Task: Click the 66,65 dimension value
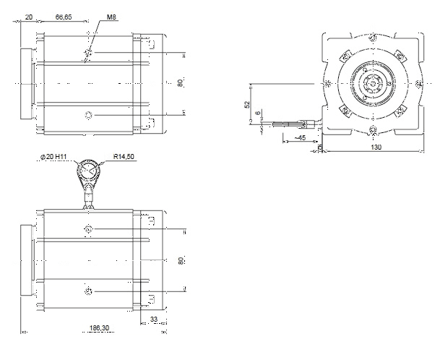click(x=64, y=17)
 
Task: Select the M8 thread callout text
click(x=111, y=17)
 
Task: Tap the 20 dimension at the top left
click(x=29, y=17)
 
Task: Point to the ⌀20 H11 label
click(x=53, y=157)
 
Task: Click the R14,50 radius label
click(x=124, y=156)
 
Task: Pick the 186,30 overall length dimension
click(x=99, y=327)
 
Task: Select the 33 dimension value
click(x=154, y=320)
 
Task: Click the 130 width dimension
click(x=376, y=147)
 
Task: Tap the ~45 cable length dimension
click(x=300, y=137)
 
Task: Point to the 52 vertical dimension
click(x=247, y=105)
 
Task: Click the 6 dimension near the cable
click(x=258, y=113)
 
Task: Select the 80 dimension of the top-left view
click(x=180, y=82)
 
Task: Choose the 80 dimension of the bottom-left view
click(x=181, y=260)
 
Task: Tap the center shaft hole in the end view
click(x=373, y=83)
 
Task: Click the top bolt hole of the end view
click(x=373, y=37)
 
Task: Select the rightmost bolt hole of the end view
click(x=418, y=83)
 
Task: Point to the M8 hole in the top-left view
click(x=88, y=52)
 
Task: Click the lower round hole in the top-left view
click(x=88, y=115)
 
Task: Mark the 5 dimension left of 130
click(x=320, y=147)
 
